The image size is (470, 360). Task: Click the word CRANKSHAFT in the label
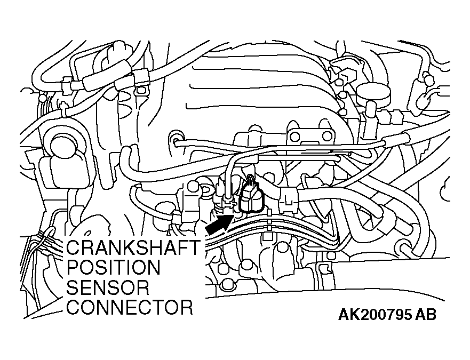pos(133,247)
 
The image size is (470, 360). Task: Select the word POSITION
pos(113,267)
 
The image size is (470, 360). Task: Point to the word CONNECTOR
pos(130,307)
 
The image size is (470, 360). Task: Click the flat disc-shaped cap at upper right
pos(374,93)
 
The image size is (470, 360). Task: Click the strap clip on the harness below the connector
pos(269,221)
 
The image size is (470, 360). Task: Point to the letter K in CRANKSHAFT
pos(130,247)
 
